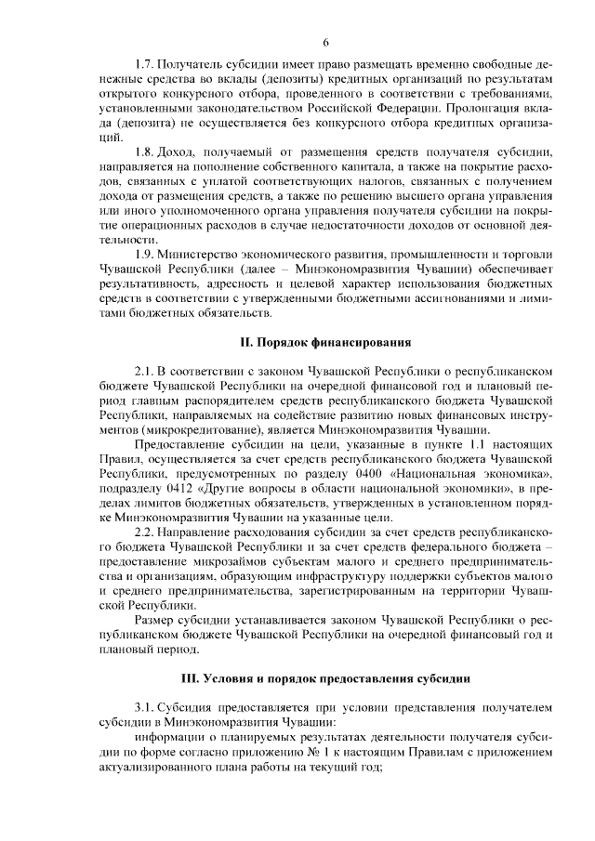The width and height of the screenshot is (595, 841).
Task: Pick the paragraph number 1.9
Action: (145, 253)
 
